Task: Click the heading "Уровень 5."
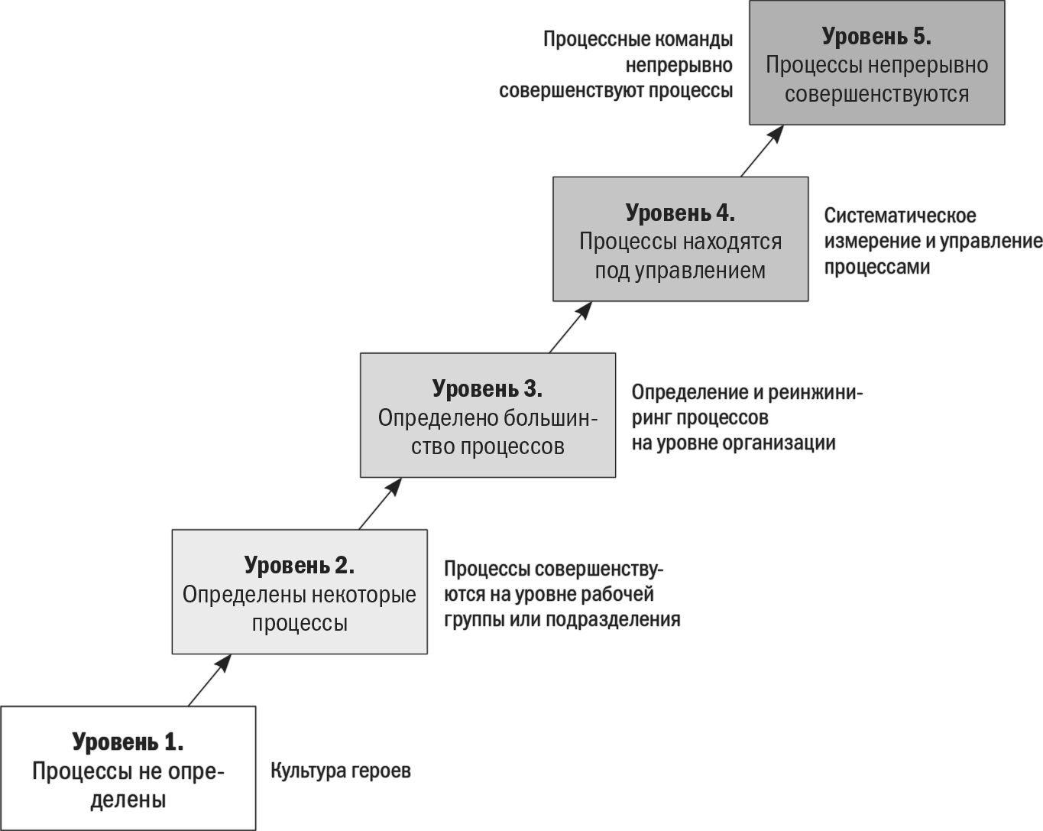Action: [x=876, y=37]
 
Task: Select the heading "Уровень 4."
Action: [x=680, y=213]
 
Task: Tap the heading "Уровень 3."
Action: [x=487, y=388]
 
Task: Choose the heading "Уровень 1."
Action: [x=128, y=742]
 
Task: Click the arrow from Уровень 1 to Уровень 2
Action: [x=209, y=680]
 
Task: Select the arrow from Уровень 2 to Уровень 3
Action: [x=380, y=504]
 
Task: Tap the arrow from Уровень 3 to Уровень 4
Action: [x=571, y=327]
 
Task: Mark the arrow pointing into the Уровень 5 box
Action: [x=763, y=151]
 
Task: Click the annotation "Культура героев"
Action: [x=341, y=771]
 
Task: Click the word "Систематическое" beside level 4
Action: [x=900, y=216]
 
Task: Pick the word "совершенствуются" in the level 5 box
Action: [x=876, y=94]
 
